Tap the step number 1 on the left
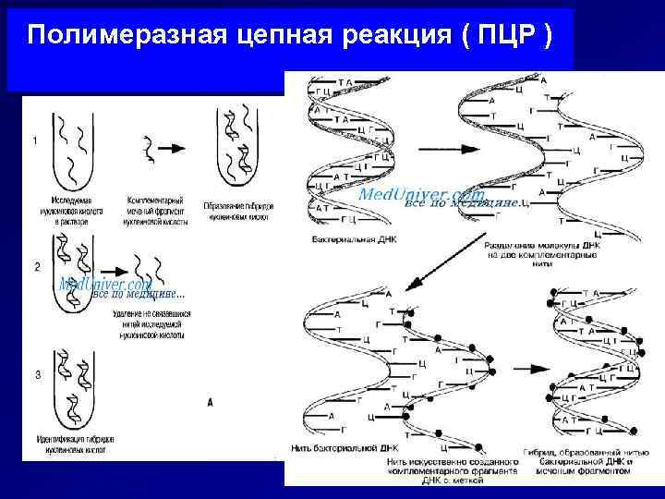[35, 140]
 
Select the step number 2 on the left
[37, 266]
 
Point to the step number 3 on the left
[37, 375]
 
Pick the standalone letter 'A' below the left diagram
[212, 403]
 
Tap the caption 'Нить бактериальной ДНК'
[344, 447]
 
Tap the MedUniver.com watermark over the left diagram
[106, 285]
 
